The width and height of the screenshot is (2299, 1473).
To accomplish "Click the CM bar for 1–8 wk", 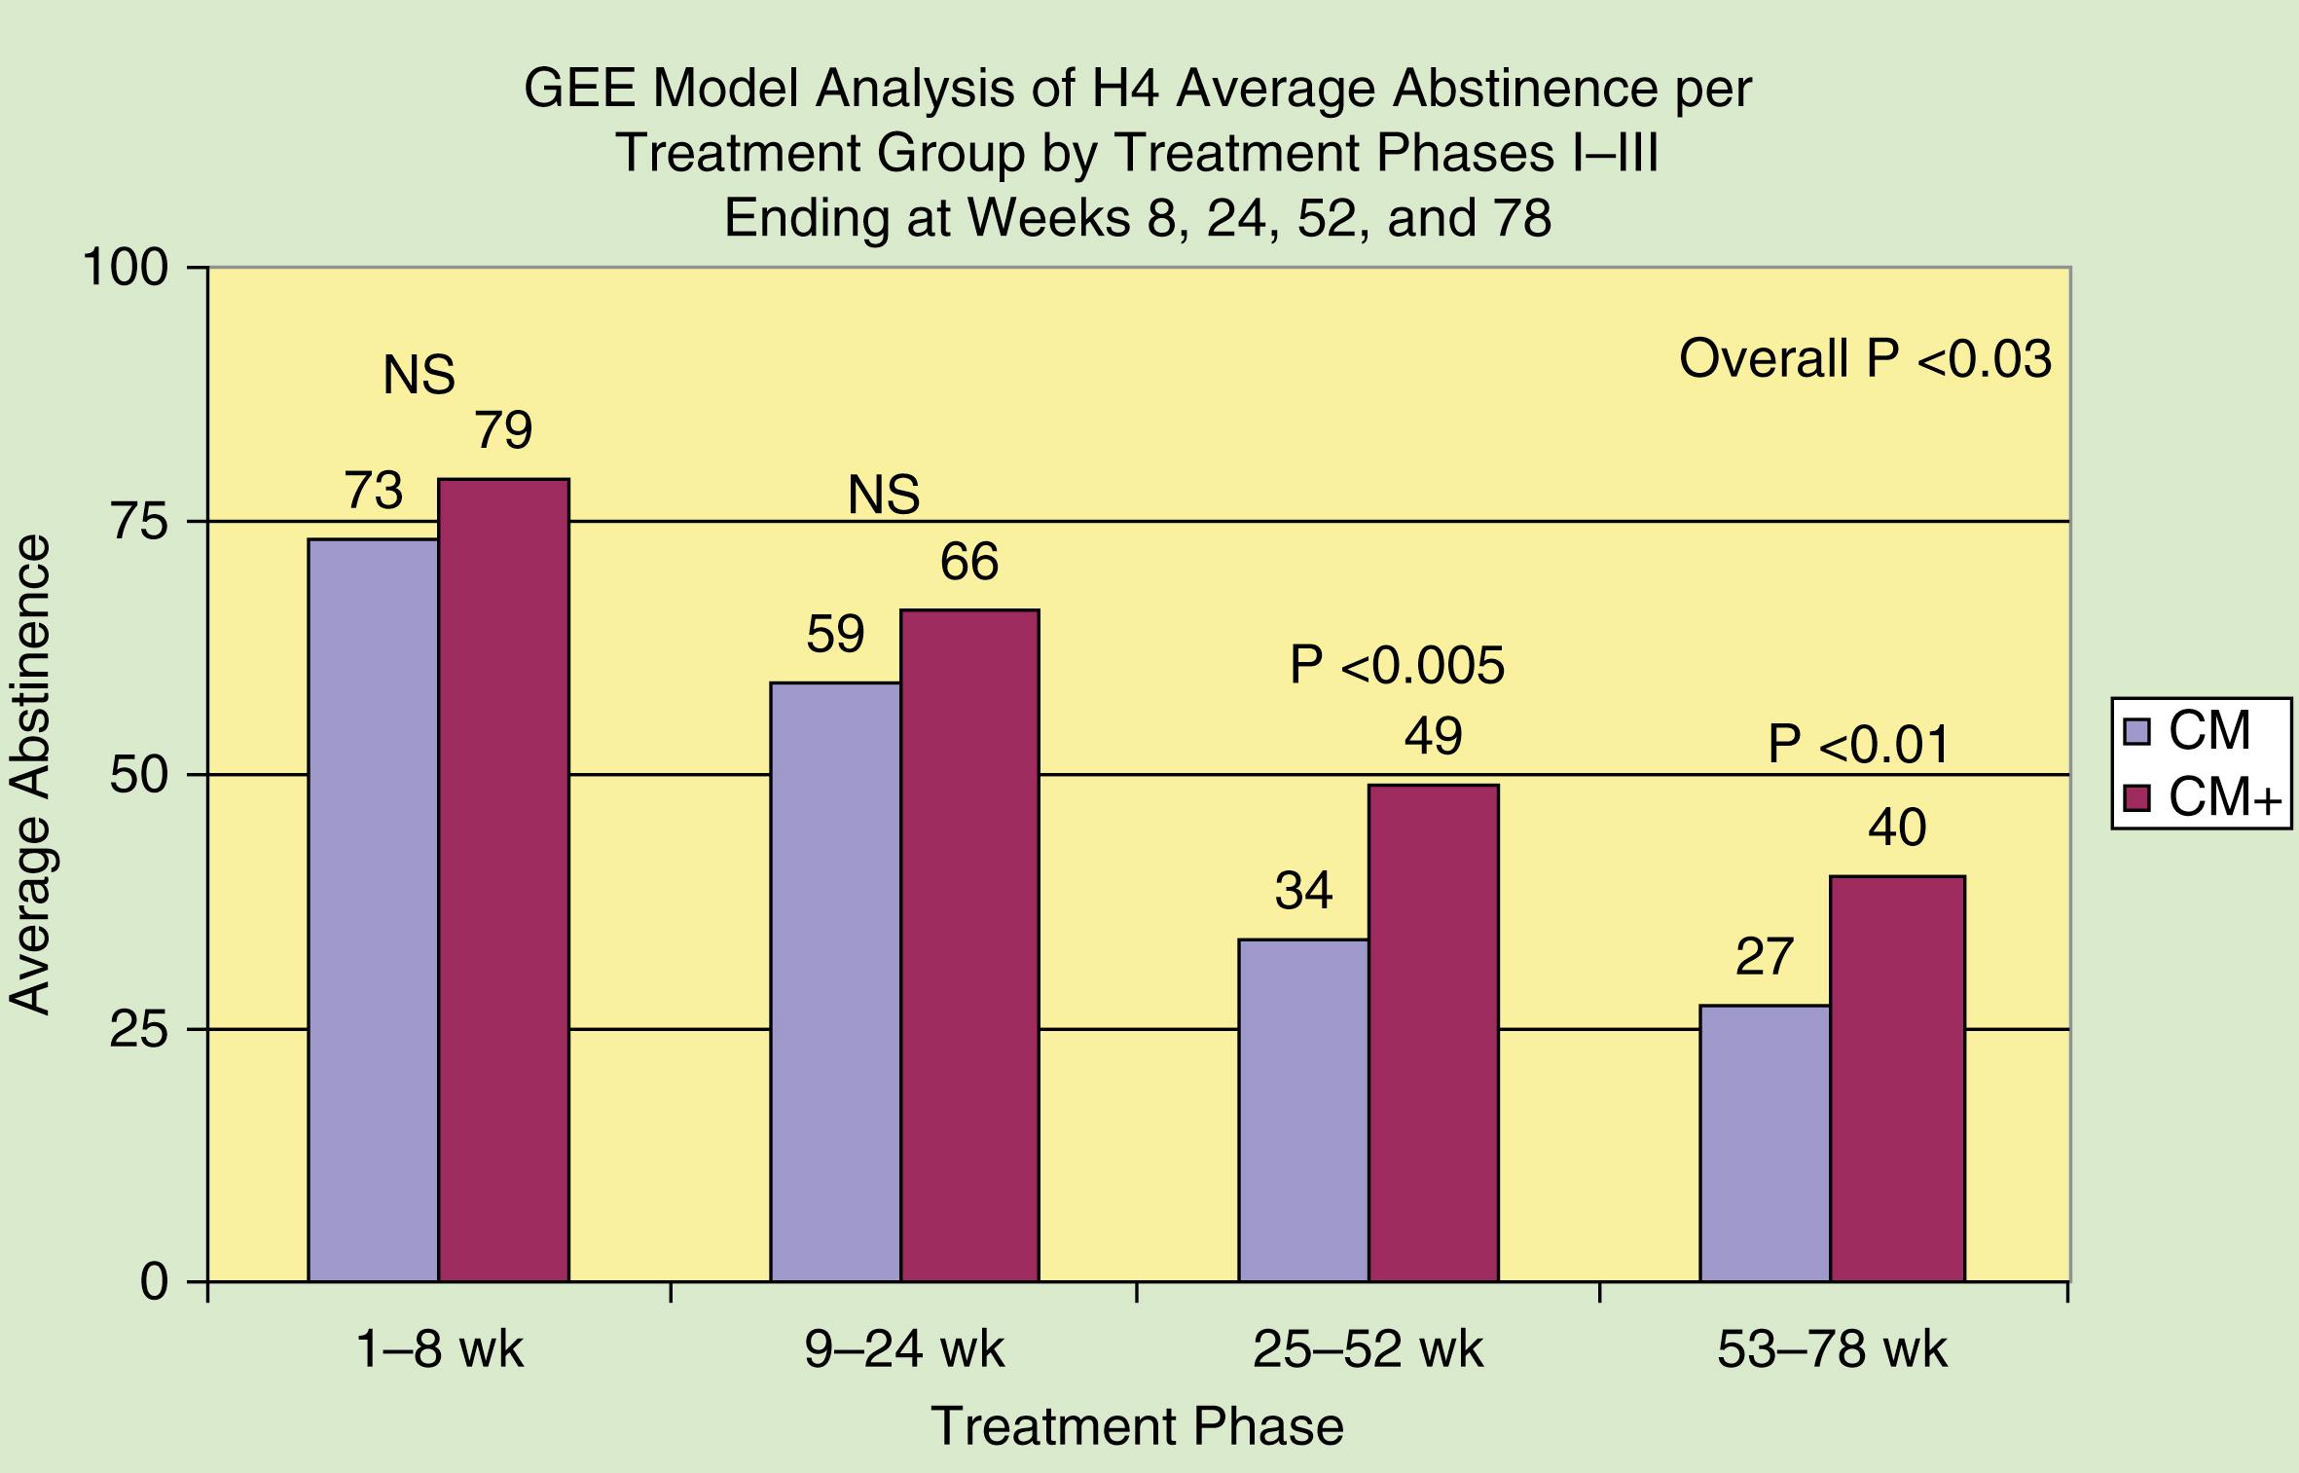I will click(x=373, y=909).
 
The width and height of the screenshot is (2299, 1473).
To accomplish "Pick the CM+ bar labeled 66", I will click(x=969, y=944).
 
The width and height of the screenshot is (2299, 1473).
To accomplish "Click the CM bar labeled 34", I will click(x=1303, y=1110).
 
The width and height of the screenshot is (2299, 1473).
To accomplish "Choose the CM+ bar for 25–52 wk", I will click(x=1434, y=1032).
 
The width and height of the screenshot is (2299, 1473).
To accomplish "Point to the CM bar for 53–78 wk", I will click(x=1765, y=1143).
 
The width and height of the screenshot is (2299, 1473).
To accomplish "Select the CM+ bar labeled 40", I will click(x=1897, y=1079).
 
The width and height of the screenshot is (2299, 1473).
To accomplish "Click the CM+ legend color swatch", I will click(x=2136, y=798).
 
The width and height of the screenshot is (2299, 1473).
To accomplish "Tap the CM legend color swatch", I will click(x=2136, y=731).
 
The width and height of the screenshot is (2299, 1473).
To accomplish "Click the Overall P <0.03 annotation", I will click(x=1865, y=359).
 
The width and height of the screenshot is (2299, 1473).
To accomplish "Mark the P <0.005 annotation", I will click(x=1397, y=666).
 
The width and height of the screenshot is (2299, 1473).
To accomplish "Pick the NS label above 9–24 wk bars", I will click(x=884, y=495).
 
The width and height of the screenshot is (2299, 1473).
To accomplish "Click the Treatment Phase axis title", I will click(x=1138, y=1426).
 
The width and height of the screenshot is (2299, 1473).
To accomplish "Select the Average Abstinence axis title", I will click(x=29, y=775).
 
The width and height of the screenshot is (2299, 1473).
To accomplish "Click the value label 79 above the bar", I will click(x=503, y=430).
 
